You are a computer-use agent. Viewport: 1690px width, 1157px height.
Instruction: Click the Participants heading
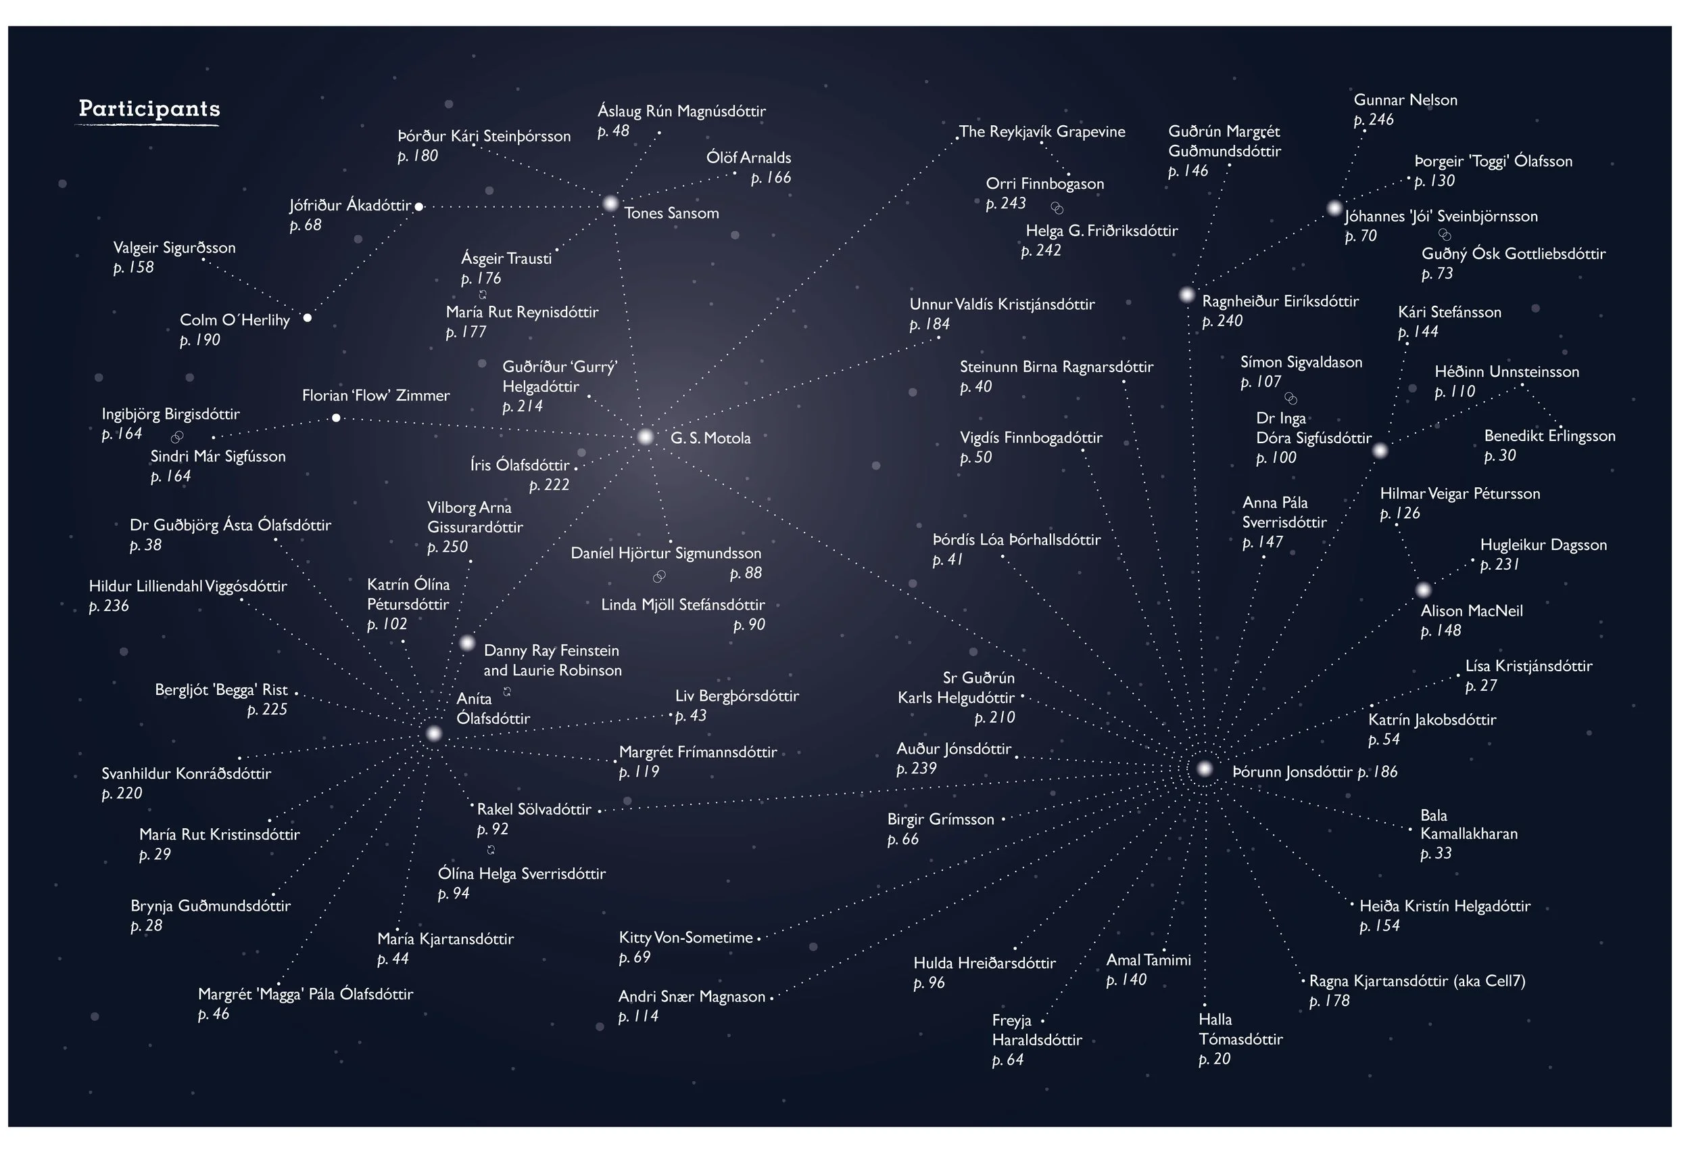click(149, 109)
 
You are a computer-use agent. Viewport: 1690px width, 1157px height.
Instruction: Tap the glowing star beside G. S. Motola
click(646, 437)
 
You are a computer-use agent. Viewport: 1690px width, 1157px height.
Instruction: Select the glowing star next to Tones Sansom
click(611, 204)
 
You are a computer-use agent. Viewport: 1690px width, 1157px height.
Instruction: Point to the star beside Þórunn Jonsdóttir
click(1204, 769)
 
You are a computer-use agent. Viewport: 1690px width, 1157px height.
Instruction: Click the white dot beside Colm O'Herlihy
click(308, 318)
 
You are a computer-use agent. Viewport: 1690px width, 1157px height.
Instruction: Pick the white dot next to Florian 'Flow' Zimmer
click(336, 418)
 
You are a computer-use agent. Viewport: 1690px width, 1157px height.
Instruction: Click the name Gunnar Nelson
click(1405, 100)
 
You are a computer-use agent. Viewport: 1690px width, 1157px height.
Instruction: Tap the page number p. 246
click(1373, 120)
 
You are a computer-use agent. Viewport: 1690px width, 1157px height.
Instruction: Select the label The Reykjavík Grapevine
click(1041, 132)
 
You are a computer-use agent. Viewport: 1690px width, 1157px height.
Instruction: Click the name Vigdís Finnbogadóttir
click(1030, 438)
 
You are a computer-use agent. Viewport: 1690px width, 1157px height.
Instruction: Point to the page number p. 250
click(448, 547)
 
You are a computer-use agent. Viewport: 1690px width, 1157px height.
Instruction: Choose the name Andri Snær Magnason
click(692, 997)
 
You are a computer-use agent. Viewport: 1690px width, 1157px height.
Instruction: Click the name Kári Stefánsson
click(1449, 312)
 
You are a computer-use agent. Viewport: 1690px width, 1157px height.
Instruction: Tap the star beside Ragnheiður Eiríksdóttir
click(1187, 296)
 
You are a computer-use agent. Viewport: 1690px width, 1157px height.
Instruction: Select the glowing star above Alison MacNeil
click(1424, 590)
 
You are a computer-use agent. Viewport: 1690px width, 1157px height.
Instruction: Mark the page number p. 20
click(1214, 1060)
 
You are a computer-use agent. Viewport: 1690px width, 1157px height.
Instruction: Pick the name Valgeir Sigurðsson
click(174, 248)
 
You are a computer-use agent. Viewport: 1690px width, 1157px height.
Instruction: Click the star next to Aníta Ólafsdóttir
click(434, 733)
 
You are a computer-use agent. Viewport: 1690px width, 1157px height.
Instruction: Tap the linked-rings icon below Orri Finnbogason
click(1057, 209)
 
